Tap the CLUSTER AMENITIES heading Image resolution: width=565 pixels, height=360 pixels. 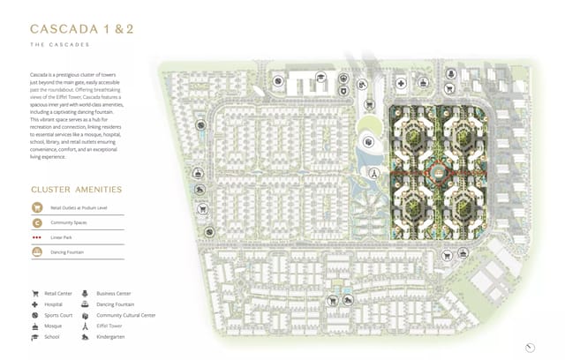76,189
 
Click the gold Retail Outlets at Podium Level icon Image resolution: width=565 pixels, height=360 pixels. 37,207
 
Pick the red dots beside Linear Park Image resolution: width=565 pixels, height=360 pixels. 37,237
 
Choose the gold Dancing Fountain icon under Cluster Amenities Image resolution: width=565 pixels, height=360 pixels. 37,252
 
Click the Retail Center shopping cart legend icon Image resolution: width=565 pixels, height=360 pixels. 35,294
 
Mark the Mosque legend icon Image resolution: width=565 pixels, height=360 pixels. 35,326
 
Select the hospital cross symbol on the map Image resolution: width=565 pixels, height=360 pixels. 401,84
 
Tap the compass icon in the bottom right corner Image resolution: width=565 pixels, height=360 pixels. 530,347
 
